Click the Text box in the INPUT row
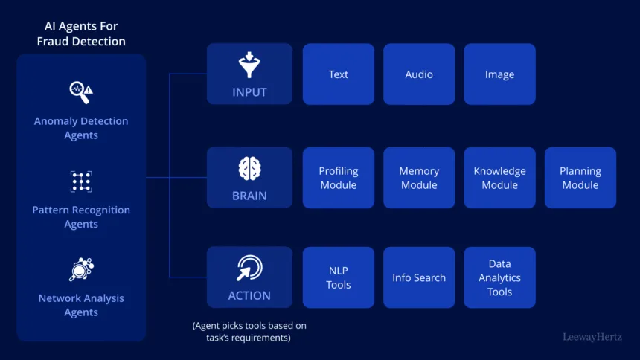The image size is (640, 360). pos(339,74)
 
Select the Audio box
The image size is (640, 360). pos(419,74)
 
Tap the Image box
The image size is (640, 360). pos(499,74)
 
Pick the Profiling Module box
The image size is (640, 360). pos(339,178)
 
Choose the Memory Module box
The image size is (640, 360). pos(419,178)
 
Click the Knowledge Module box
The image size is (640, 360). pos(499,178)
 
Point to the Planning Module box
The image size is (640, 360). pos(580,178)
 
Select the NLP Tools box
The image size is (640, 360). pos(339,277)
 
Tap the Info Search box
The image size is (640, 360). pos(419,277)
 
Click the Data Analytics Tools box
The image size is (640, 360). pos(499,277)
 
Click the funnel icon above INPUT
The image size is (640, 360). pos(249,65)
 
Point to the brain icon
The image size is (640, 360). pos(249,169)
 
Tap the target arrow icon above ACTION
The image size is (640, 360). pos(249,268)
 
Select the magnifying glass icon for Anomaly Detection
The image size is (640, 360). pos(80,92)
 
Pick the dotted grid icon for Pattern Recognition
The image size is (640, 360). pos(80,181)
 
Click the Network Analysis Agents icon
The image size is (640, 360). pos(80,269)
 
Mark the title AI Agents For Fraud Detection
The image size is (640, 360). pos(81,34)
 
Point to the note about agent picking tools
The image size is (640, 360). pos(249,332)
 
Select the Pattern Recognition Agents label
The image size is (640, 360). pos(81,217)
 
